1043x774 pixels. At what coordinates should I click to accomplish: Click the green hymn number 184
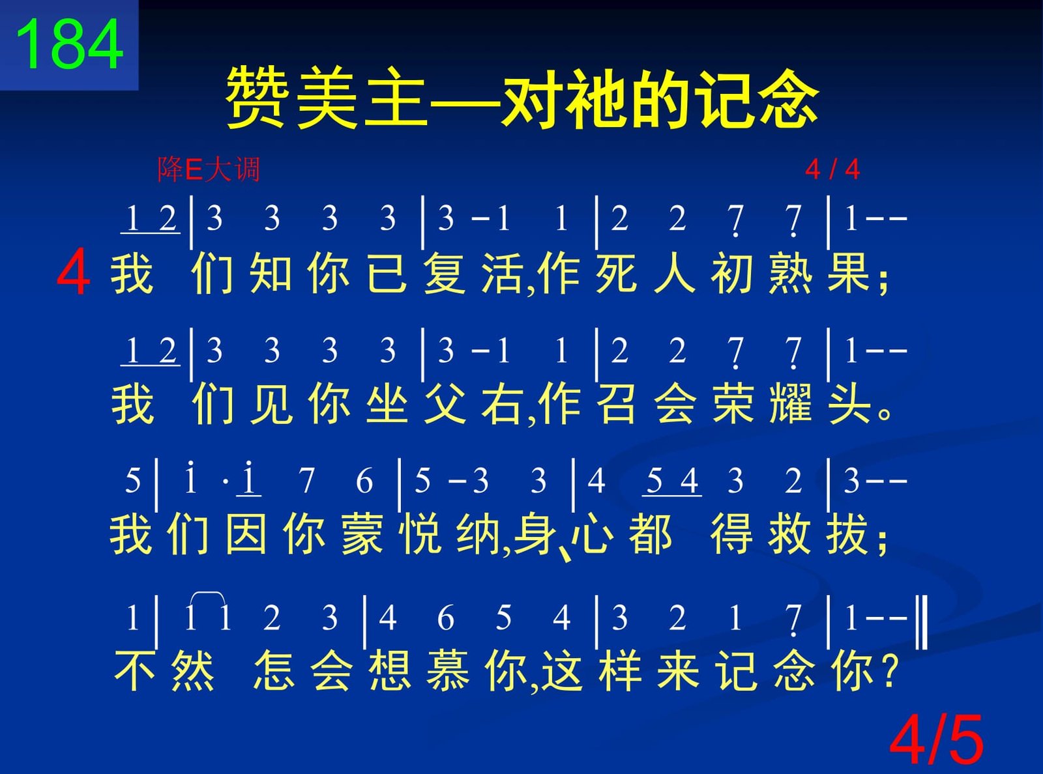point(70,44)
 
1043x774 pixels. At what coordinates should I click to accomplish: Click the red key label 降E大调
point(209,169)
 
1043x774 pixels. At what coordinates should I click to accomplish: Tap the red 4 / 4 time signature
point(832,169)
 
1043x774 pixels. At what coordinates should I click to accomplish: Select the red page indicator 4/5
point(936,740)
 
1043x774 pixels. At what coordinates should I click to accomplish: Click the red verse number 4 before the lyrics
point(74,272)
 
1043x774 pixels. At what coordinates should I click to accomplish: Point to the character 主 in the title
point(396,98)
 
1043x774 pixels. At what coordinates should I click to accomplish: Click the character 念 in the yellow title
point(787,98)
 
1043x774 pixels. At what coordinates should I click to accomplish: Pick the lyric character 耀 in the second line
point(790,404)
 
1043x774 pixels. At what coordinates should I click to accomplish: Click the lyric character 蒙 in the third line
point(362,534)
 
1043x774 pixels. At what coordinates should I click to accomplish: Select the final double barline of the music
point(922,622)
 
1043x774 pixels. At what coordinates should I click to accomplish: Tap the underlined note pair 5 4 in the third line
point(671,481)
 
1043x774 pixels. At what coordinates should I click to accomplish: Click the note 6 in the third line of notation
point(364,481)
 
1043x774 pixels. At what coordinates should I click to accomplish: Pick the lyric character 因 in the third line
point(246,534)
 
